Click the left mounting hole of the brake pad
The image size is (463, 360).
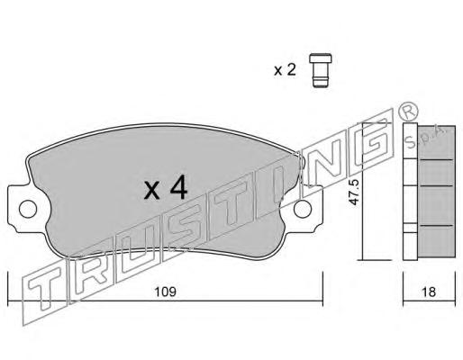[28, 209]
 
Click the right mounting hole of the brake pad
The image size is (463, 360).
[303, 209]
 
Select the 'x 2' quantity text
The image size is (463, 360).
[285, 70]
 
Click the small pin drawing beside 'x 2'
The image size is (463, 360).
[321, 70]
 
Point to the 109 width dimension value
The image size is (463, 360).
[165, 292]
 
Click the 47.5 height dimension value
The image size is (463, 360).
[355, 192]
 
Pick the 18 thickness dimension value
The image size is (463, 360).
[429, 292]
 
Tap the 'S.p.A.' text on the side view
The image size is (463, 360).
[426, 137]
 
